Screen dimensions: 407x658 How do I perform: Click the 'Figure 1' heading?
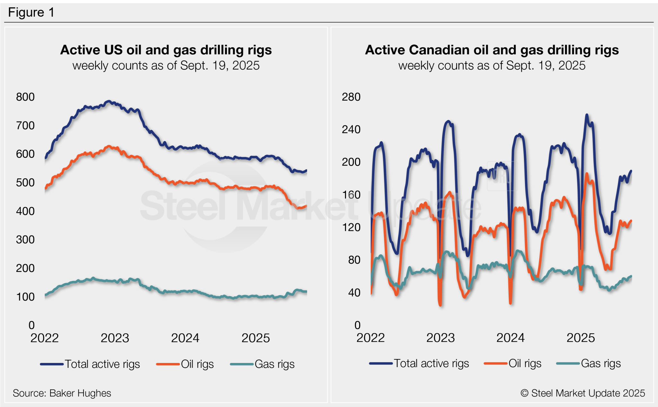31,13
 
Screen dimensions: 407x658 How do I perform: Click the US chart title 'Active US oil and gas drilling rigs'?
166,50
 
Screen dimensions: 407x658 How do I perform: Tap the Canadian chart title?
492,50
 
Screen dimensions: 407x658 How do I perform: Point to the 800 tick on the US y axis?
25,97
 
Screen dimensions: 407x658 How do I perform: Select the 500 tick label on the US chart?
25,182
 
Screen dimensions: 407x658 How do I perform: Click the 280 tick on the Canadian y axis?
351,97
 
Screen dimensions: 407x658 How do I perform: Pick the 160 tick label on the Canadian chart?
351,194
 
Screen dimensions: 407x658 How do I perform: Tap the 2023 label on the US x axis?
115,338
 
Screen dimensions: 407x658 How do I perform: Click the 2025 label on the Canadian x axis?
580,338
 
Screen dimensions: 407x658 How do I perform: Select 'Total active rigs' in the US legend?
102,364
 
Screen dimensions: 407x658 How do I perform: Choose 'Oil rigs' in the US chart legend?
197,364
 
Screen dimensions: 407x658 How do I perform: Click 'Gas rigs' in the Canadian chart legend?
600,363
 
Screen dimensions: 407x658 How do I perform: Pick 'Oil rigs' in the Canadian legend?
525,363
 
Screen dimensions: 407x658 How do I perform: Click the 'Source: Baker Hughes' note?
62,393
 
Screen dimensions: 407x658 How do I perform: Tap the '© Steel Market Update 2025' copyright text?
582,393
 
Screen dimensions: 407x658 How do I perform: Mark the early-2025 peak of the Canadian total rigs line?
587,115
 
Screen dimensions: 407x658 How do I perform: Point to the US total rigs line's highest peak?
109,101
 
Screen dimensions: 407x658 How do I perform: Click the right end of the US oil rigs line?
306,206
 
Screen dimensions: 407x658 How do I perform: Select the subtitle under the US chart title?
166,66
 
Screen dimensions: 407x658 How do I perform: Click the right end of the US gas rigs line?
306,292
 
